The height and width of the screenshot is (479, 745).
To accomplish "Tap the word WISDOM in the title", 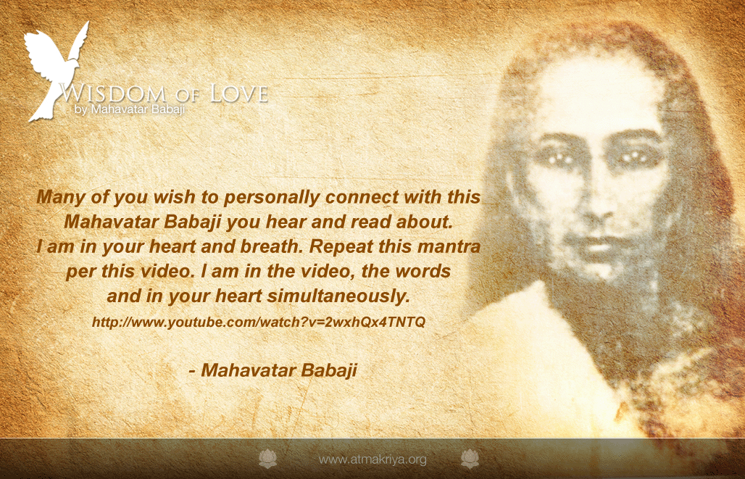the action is pyautogui.click(x=112, y=93).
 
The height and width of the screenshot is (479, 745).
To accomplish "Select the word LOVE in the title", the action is pyautogui.click(x=239, y=93).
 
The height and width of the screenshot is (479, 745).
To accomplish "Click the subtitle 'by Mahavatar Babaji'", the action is pyautogui.click(x=129, y=109).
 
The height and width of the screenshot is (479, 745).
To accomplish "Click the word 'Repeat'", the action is pyautogui.click(x=341, y=246).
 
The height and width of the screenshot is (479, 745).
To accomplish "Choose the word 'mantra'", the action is pyautogui.click(x=449, y=246).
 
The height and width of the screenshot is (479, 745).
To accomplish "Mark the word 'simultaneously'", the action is pyautogui.click(x=338, y=296).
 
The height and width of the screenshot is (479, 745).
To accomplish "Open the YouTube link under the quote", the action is pyautogui.click(x=259, y=322).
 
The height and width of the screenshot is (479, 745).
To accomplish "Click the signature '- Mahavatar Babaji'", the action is pyautogui.click(x=272, y=370).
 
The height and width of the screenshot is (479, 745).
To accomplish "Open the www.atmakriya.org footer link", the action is pyautogui.click(x=372, y=459).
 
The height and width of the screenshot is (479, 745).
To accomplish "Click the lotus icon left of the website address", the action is pyautogui.click(x=267, y=459).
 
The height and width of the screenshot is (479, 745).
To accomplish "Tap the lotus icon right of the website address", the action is pyautogui.click(x=470, y=459).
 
